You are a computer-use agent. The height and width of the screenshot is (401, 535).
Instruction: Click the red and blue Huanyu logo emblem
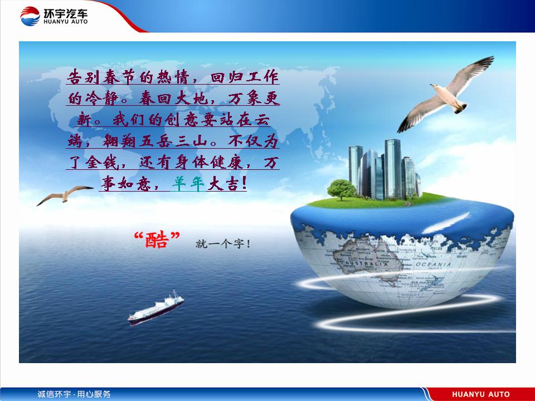[30, 16]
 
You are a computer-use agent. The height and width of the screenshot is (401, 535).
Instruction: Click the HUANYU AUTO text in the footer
[481, 394]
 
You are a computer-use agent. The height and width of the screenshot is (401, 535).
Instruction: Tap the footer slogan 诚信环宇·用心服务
[74, 394]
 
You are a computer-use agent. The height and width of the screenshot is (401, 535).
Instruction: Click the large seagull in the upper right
[445, 95]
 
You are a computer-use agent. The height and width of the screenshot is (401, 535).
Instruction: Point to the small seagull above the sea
[65, 195]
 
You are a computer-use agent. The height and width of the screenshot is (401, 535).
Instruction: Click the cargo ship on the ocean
[155, 308]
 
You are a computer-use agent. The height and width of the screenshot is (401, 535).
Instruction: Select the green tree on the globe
[342, 189]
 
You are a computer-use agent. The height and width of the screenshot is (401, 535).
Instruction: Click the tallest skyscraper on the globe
[393, 168]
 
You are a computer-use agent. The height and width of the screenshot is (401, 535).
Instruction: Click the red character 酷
[157, 239]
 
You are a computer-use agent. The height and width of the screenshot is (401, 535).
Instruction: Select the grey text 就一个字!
[223, 243]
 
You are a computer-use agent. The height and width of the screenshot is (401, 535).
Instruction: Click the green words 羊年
[188, 184]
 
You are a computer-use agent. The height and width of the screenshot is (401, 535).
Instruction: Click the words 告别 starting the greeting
[84, 77]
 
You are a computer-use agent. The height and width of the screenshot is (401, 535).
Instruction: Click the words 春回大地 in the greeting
[174, 99]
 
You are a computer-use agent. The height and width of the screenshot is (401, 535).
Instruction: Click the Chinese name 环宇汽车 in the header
[66, 13]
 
